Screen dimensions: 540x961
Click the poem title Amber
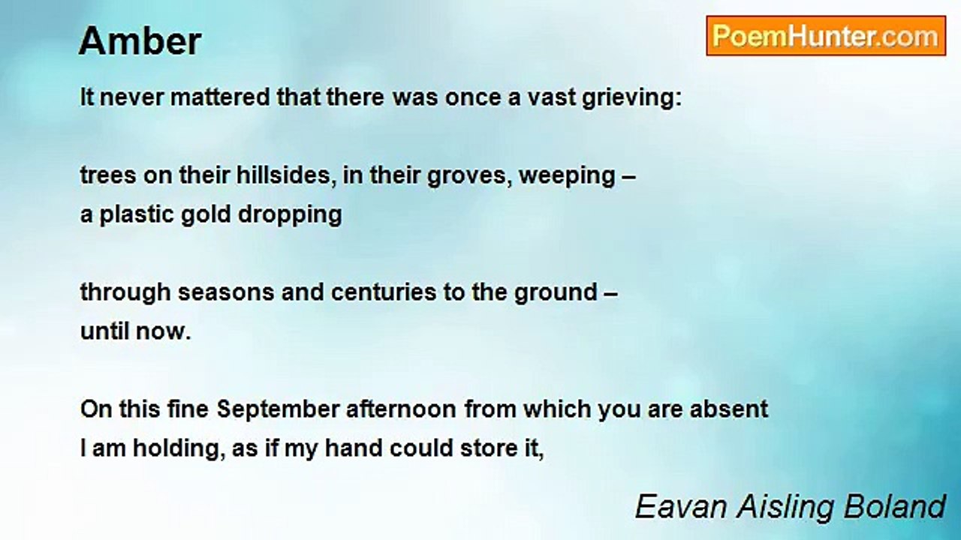140,40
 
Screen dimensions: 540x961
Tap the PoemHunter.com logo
825,36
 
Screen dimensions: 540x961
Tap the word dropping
290,215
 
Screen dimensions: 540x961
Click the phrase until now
135,331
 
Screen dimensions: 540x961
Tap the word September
278,410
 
